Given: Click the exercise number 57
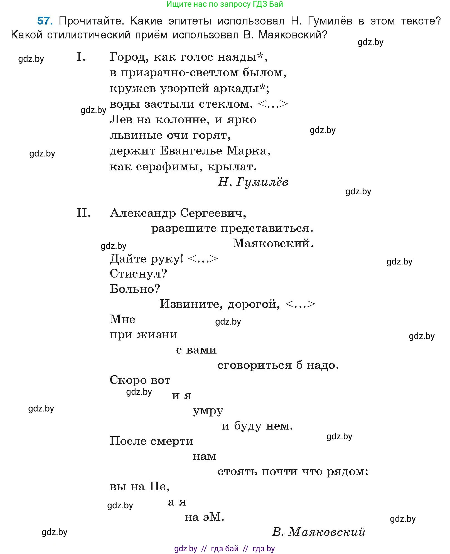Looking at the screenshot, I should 45,21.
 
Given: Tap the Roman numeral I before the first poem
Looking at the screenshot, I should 81,57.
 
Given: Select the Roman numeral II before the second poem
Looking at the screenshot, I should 83,213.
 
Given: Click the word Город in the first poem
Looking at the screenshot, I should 127,57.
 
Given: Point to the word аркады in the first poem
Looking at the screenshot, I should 236,89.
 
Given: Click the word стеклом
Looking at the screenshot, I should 226,104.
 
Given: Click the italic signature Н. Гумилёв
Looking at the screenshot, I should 253,182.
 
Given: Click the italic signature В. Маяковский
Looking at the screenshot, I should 318,532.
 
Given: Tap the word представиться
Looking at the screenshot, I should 267,229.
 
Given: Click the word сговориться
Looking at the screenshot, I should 254,365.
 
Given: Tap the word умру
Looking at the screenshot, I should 208,411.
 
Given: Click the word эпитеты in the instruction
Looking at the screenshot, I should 190,21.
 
